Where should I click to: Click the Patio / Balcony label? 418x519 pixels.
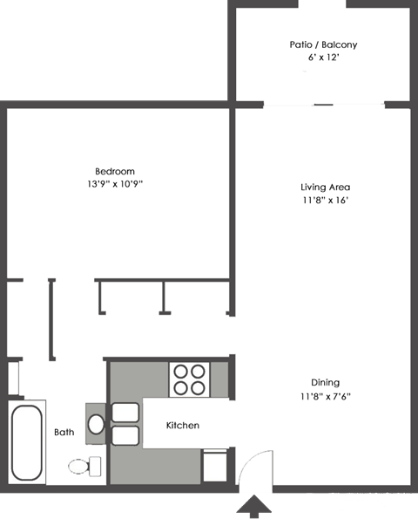pyautogui.click(x=323, y=44)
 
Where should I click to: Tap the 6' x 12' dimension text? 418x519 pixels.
pyautogui.click(x=323, y=58)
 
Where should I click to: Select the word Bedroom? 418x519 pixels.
pyautogui.click(x=115, y=171)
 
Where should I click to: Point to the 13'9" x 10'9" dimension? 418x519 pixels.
pyautogui.click(x=115, y=184)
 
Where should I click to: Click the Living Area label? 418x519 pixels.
pyautogui.click(x=325, y=188)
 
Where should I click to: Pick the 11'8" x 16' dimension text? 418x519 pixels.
pyautogui.click(x=325, y=201)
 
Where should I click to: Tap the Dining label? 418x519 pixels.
pyautogui.click(x=325, y=382)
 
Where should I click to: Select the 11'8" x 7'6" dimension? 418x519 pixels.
pyautogui.click(x=325, y=396)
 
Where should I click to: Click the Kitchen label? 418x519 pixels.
pyautogui.click(x=183, y=426)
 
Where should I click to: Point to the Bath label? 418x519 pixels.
pyautogui.click(x=64, y=432)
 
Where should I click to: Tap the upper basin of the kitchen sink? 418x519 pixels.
pyautogui.click(x=125, y=413)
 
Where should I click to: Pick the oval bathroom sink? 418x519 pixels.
pyautogui.click(x=97, y=425)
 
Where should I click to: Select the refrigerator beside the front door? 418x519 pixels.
pyautogui.click(x=215, y=464)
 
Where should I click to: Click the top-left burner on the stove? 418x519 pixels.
pyautogui.click(x=180, y=370)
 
